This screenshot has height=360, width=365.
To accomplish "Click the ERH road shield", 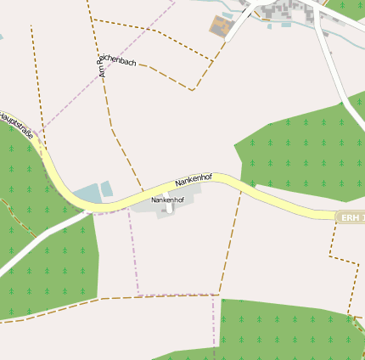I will pyautogui.click(x=351, y=218).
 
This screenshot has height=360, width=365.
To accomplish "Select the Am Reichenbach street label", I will pyautogui.click(x=117, y=65).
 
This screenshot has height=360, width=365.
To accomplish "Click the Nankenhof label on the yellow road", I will pyautogui.click(x=193, y=179).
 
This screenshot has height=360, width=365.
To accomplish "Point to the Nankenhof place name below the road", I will pyautogui.click(x=167, y=199).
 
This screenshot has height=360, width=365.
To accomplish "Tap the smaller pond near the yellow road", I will pyautogui.click(x=107, y=188).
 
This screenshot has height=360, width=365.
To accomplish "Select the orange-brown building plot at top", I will pyautogui.click(x=222, y=25).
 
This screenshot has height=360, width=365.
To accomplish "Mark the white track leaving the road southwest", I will pyautogui.click(x=34, y=246).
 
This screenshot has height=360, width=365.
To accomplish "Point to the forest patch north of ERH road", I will pyautogui.click(x=297, y=153).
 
